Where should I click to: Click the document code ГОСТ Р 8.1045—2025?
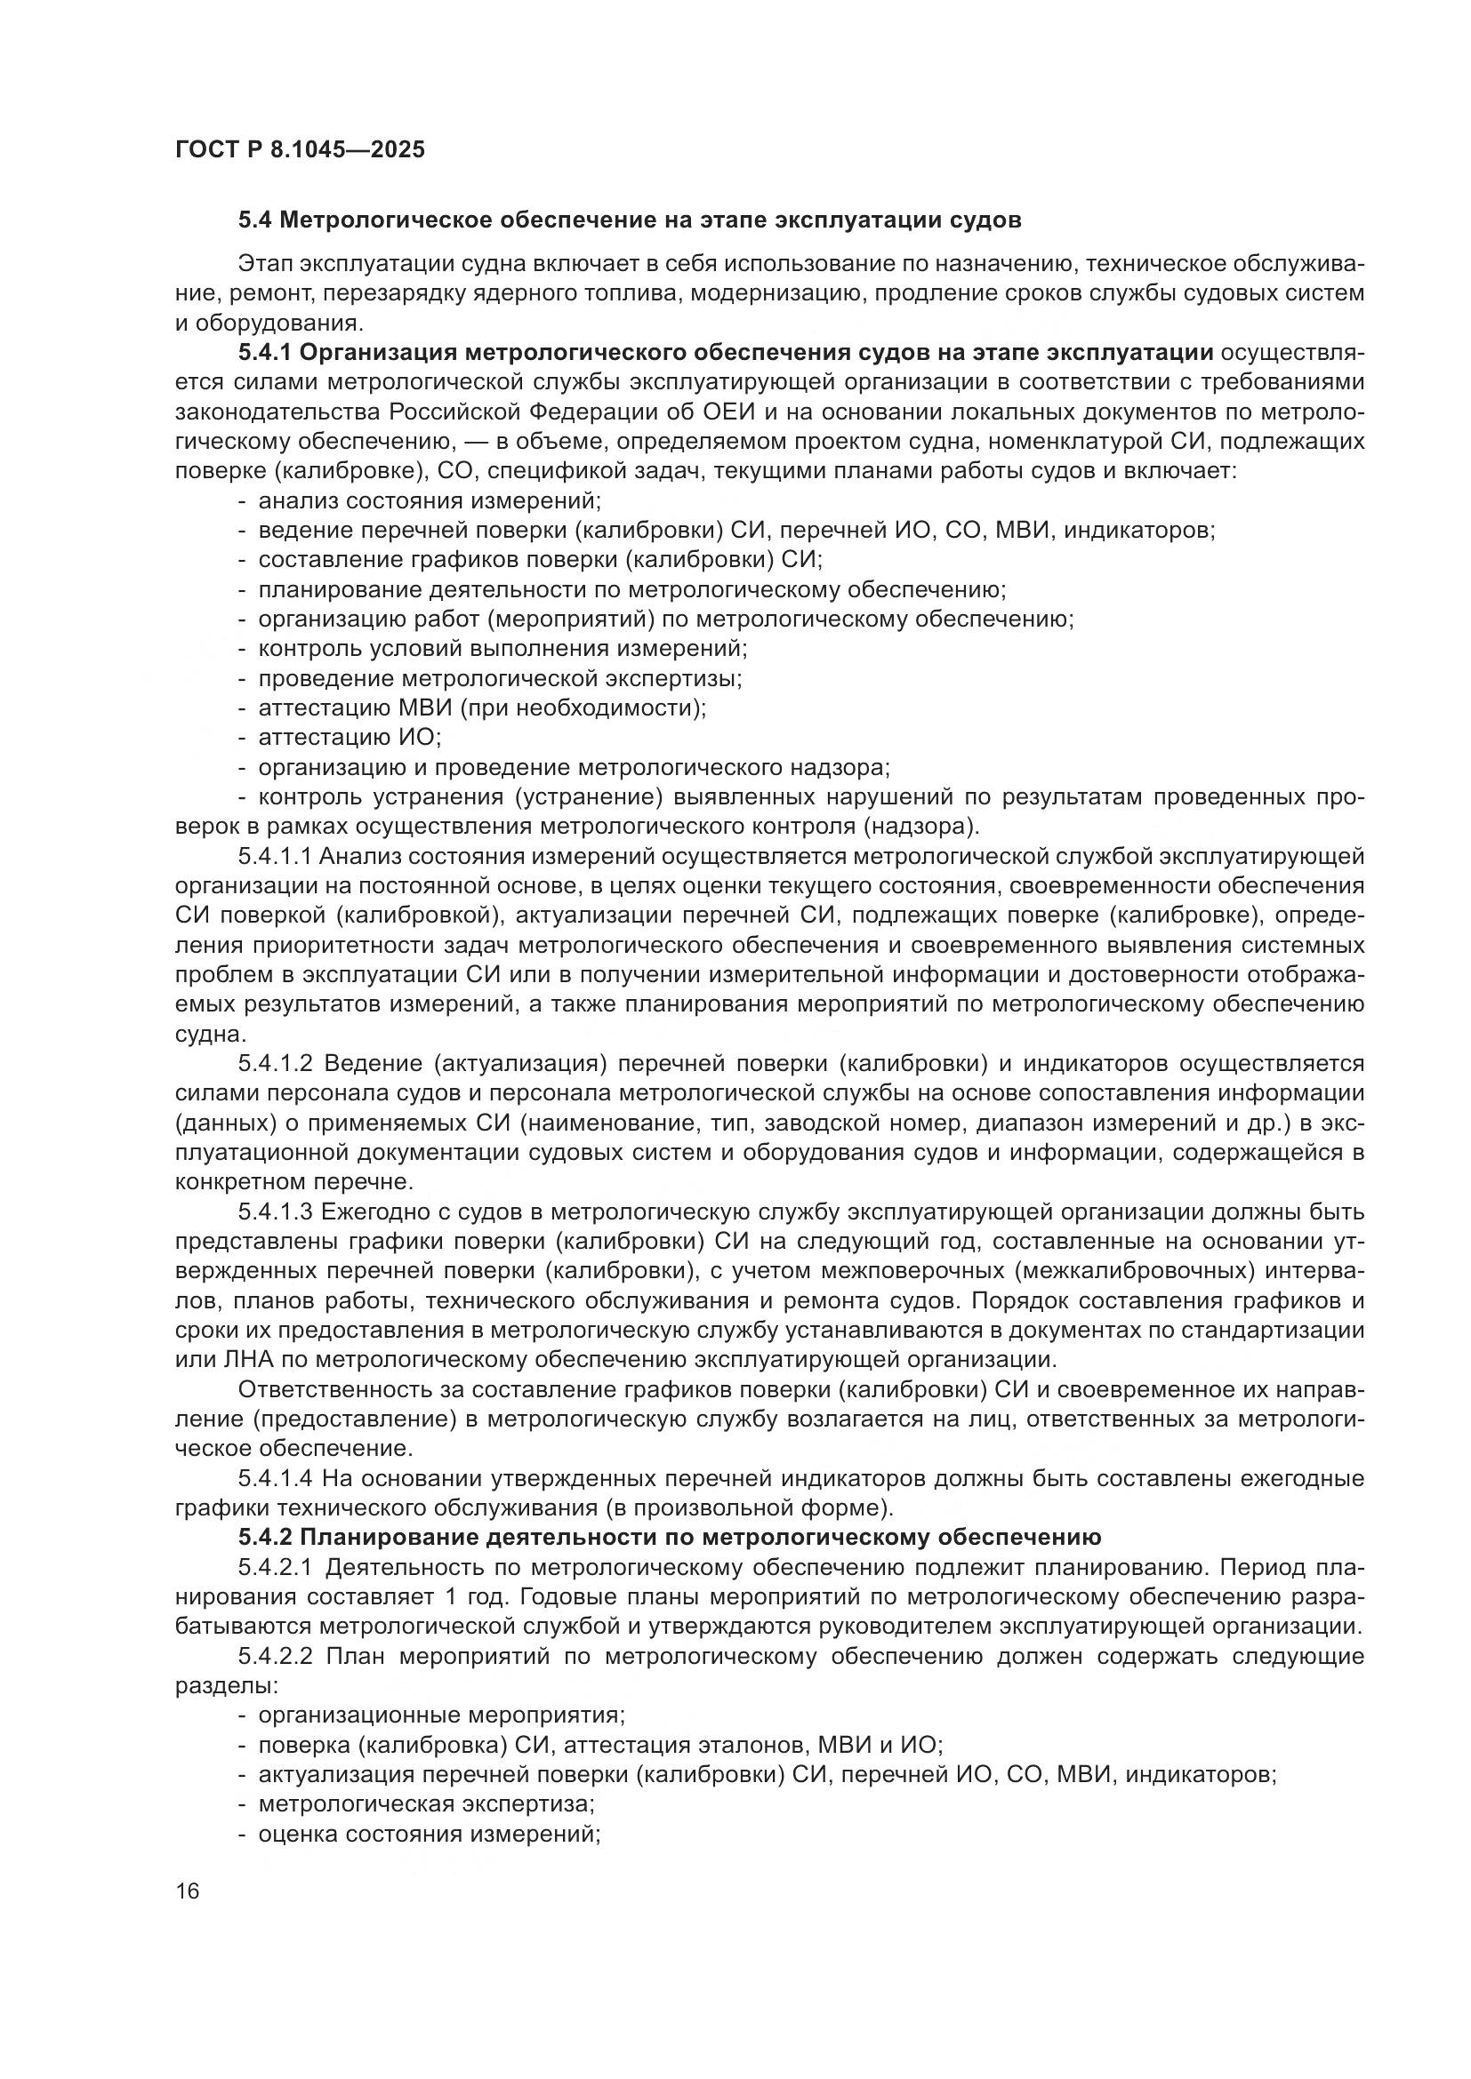pos(300,149)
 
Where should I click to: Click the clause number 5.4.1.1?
pos(276,856)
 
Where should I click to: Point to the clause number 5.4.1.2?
pos(276,1062)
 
